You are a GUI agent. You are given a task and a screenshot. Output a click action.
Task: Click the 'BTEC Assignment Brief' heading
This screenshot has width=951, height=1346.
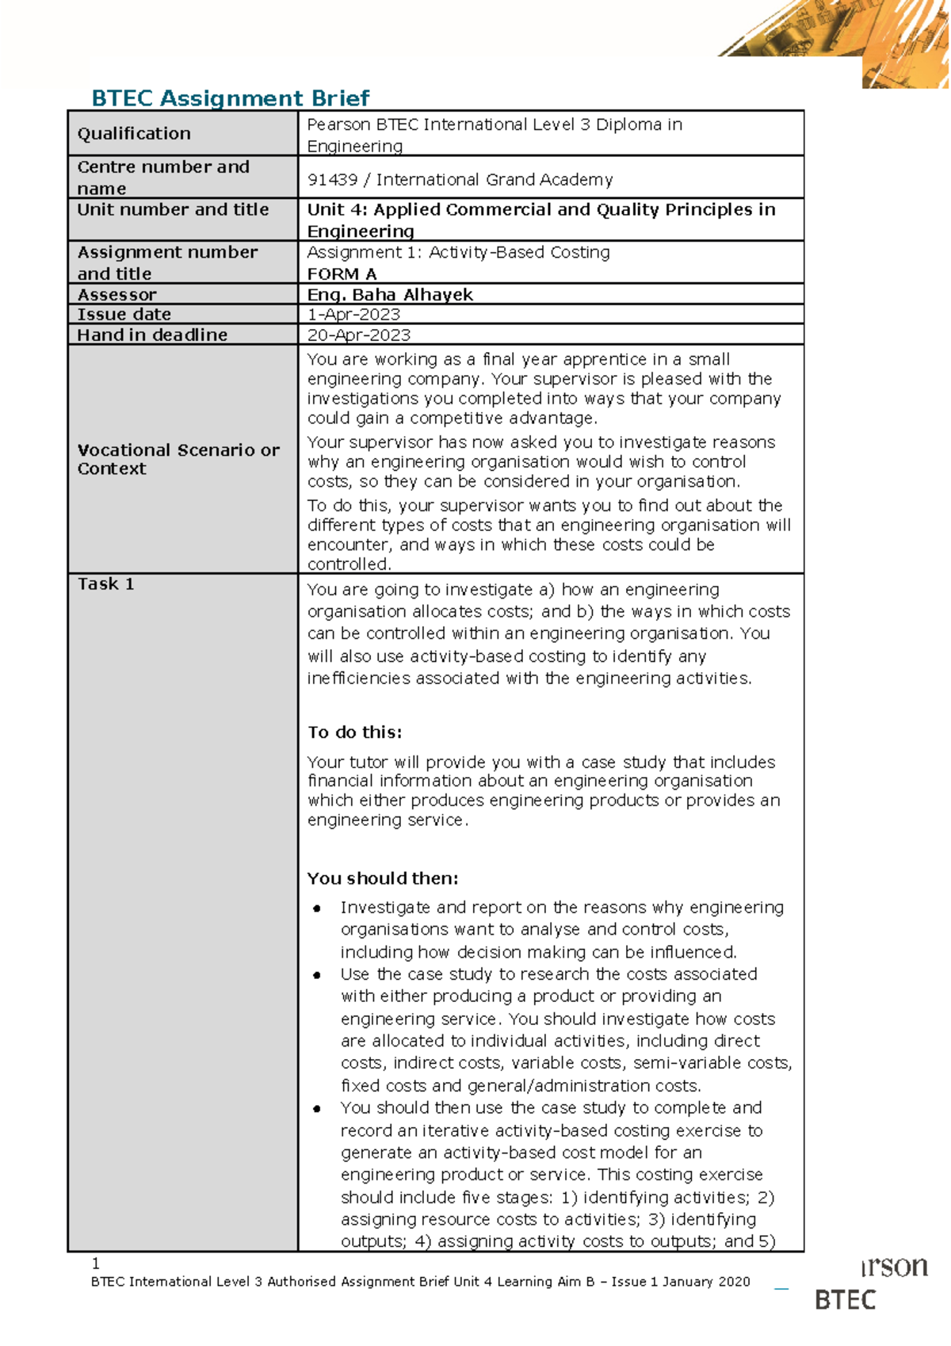230,98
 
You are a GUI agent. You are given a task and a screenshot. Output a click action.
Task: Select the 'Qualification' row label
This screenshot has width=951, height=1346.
134,133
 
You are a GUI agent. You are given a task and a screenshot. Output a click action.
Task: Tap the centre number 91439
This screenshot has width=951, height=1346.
332,180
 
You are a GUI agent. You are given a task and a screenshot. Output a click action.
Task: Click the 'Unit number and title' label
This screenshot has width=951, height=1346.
173,209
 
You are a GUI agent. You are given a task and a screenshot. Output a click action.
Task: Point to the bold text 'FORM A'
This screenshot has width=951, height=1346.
342,273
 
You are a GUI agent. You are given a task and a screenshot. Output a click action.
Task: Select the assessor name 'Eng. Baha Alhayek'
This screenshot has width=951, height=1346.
390,294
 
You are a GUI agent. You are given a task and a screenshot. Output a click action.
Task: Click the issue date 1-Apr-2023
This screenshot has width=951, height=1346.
353,314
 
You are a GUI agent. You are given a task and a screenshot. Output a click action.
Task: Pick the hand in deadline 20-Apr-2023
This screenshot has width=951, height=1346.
358,335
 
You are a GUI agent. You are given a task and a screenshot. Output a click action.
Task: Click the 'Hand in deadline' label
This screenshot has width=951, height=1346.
152,335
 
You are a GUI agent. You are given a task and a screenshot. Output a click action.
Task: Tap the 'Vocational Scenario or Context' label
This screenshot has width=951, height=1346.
178,459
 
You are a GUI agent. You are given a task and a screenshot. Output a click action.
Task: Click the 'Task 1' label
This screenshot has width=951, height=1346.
105,584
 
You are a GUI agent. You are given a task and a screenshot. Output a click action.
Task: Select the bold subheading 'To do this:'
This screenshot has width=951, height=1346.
354,732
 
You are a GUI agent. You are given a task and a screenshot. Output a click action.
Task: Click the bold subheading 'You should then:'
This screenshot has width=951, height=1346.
383,878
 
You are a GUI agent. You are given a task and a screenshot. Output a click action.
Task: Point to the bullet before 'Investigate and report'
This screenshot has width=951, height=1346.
317,908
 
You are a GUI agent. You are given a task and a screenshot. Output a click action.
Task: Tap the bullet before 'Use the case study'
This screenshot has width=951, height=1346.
317,975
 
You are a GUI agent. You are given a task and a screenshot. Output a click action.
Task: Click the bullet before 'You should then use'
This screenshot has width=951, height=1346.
317,1109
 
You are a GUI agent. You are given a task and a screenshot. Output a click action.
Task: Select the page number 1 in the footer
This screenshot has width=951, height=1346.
96,1263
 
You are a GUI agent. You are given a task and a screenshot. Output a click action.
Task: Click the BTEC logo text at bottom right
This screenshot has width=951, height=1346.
846,1300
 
